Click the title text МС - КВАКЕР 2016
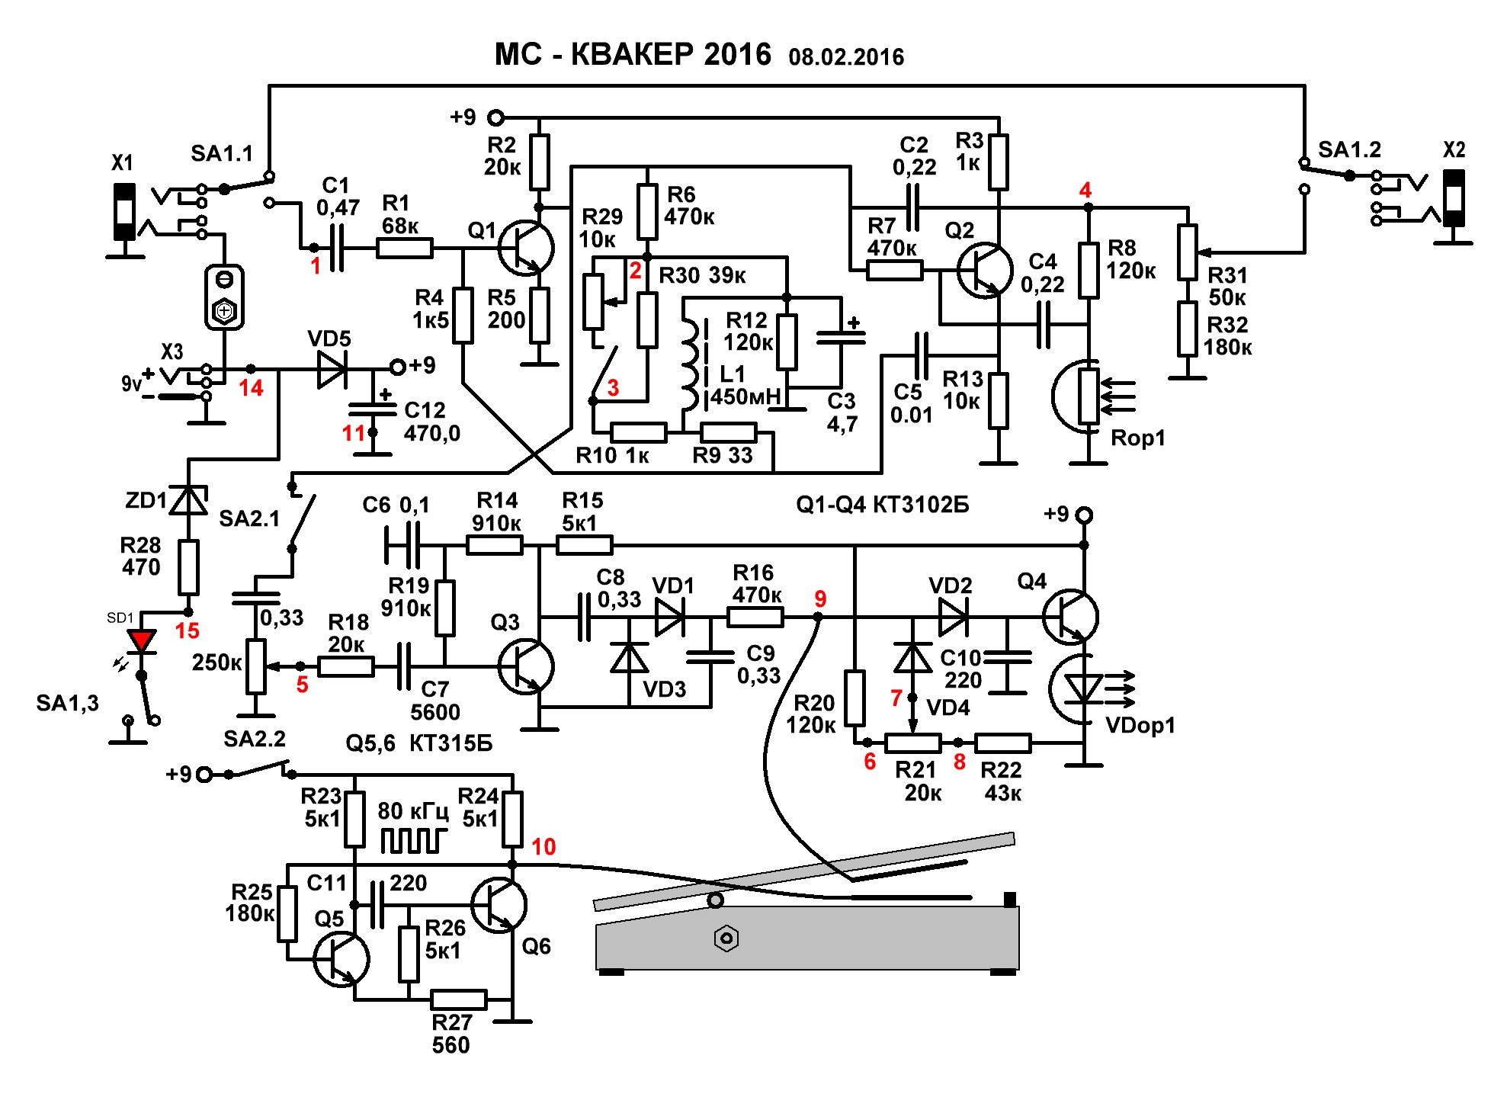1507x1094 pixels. (633, 55)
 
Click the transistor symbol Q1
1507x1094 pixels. (526, 248)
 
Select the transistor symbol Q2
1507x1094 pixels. (984, 270)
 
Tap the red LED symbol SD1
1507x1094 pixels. (142, 641)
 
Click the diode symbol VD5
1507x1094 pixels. (332, 369)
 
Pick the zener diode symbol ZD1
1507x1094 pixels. (188, 501)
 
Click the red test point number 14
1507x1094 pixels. (251, 388)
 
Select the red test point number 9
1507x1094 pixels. (820, 599)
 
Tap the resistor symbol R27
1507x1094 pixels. (458, 999)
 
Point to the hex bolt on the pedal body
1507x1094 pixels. (726, 938)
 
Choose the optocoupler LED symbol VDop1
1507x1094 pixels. (1082, 689)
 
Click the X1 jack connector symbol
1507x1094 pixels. (124, 212)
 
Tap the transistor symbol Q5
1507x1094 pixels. (341, 960)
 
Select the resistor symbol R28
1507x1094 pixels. (188, 567)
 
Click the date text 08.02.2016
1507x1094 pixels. (846, 57)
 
